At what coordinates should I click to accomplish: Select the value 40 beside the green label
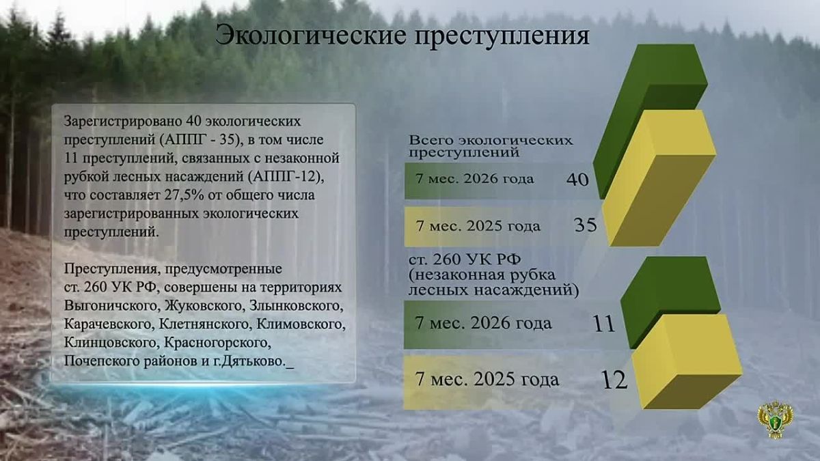[x=577, y=180]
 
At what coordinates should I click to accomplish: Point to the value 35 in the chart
[x=586, y=225]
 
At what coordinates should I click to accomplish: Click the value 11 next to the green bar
[x=604, y=324]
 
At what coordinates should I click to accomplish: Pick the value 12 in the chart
[x=614, y=380]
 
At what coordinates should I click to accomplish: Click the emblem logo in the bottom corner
[x=775, y=419]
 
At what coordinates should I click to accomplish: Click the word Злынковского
[x=297, y=306]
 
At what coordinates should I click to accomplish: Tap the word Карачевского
[x=109, y=324]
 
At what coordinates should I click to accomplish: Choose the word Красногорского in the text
[x=217, y=343]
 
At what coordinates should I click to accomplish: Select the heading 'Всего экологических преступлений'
[x=491, y=146]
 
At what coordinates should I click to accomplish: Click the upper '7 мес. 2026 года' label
[x=475, y=179]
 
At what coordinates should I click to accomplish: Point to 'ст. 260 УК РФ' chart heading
[x=465, y=260]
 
